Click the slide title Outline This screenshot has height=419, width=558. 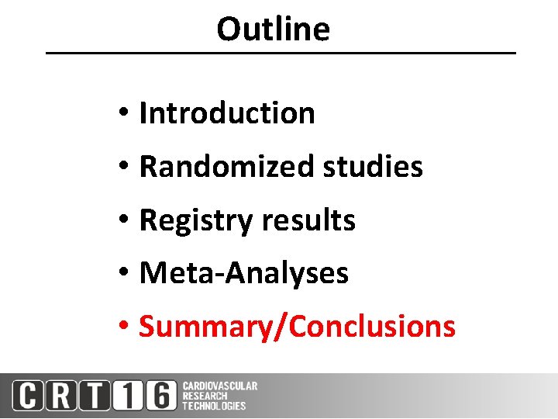273,29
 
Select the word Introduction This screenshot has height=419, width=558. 226,113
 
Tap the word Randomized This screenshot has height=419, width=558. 228,167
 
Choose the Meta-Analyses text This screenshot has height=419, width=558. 243,273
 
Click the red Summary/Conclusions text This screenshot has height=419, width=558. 297,327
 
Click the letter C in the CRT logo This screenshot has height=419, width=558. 29,396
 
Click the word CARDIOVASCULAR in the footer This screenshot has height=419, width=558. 220,386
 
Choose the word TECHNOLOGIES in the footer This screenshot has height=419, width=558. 214,406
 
